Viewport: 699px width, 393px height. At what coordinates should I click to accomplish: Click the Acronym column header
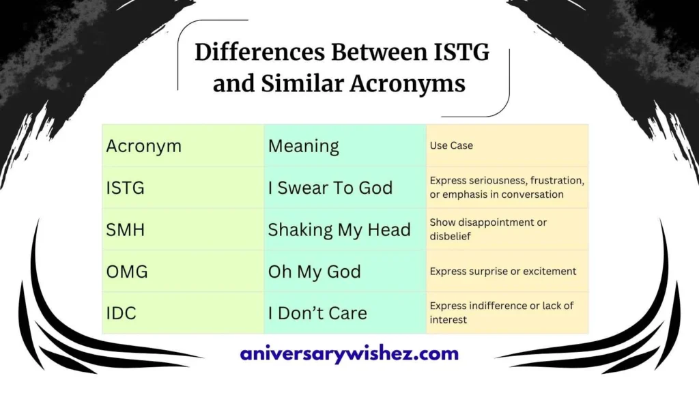[144, 146]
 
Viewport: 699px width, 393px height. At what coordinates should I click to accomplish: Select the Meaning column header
[303, 146]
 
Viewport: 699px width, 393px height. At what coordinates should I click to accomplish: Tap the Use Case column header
[451, 145]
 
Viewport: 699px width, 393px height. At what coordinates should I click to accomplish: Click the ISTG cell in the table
[126, 188]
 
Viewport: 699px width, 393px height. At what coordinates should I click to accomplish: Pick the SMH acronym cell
[126, 230]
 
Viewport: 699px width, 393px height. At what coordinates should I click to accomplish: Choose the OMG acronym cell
[127, 272]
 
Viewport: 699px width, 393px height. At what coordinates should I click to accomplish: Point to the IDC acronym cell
[122, 313]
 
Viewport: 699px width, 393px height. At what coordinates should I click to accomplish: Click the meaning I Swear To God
[330, 188]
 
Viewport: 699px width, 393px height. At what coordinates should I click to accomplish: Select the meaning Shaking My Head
[339, 230]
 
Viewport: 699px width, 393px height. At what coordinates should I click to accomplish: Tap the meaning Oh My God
[315, 272]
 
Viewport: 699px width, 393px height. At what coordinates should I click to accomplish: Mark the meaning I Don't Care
[317, 313]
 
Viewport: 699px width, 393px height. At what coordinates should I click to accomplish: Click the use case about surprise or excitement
[503, 272]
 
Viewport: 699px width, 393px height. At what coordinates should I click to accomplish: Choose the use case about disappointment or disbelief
[488, 229]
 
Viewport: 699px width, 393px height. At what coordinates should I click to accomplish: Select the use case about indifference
[502, 312]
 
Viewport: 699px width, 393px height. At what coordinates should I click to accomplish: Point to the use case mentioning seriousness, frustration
[507, 188]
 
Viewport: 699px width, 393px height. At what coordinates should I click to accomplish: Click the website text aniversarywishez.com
[349, 353]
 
